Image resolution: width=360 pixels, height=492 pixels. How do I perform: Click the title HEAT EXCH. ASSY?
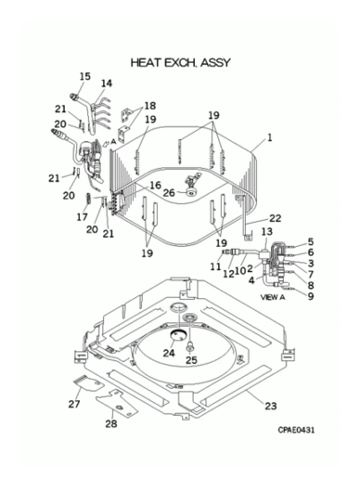click(x=180, y=62)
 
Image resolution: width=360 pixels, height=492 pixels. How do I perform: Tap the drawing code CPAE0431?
click(x=296, y=430)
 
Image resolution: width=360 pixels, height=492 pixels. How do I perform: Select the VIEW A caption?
click(x=273, y=297)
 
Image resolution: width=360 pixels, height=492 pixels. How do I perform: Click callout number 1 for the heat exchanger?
click(x=270, y=137)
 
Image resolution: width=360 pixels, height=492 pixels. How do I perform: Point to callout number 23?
click(x=271, y=406)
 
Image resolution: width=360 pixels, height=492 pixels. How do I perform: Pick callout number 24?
click(x=169, y=353)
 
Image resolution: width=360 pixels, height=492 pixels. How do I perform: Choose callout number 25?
click(x=191, y=360)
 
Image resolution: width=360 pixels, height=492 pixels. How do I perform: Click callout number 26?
click(x=169, y=193)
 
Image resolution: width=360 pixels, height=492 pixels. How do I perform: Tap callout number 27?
click(x=74, y=404)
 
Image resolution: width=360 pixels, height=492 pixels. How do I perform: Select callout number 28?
click(x=111, y=424)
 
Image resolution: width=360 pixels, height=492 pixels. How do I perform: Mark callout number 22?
click(x=275, y=218)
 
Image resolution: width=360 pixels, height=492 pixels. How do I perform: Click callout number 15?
click(x=84, y=76)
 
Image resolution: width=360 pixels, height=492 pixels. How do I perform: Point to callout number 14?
click(x=107, y=84)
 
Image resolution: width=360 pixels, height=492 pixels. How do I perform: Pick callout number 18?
click(x=150, y=106)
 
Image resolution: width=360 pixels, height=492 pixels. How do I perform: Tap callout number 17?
click(x=83, y=217)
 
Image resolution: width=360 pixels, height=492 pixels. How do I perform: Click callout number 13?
click(x=267, y=231)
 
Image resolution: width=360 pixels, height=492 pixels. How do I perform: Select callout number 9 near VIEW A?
click(x=311, y=296)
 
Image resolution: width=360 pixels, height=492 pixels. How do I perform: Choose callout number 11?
click(x=215, y=266)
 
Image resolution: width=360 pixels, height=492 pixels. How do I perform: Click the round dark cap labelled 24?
click(x=178, y=335)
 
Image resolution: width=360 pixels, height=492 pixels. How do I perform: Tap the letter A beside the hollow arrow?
click(x=113, y=141)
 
